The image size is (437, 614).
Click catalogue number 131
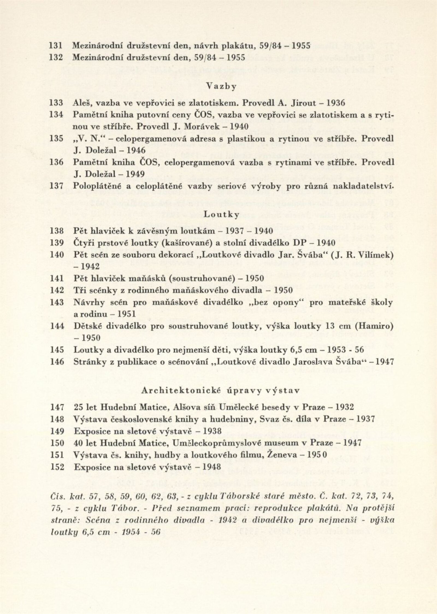57,46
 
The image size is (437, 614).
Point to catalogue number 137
57,186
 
